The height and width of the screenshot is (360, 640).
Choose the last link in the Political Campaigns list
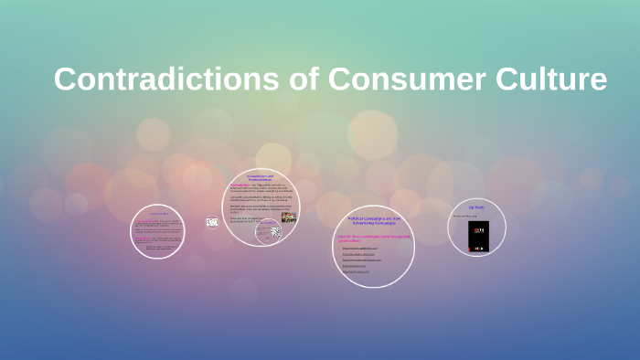click(x=357, y=271)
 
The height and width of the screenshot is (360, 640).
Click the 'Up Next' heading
click(x=476, y=208)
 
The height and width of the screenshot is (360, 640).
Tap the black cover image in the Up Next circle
click(x=477, y=236)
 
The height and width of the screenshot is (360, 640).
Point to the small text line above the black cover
click(x=465, y=217)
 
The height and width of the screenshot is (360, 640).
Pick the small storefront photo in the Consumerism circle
click(x=288, y=217)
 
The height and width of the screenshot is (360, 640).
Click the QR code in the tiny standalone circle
click(x=212, y=221)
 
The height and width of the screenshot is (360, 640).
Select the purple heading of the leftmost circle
click(x=157, y=214)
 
